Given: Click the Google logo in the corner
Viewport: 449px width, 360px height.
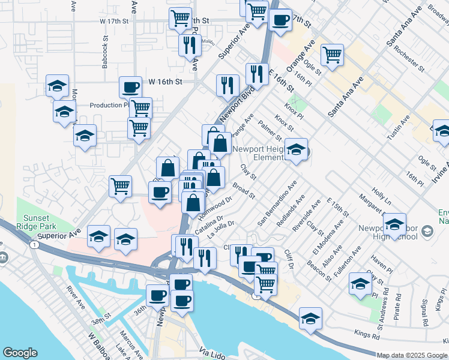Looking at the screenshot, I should (20, 353).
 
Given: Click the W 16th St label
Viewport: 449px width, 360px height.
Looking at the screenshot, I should (164, 81).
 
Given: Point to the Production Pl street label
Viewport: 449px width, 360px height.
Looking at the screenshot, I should (109, 105).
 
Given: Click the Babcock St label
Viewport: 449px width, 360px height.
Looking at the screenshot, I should (105, 53).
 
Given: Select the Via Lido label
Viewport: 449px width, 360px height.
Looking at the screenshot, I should (211, 353).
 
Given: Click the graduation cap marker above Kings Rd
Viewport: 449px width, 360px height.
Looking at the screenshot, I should (310, 318).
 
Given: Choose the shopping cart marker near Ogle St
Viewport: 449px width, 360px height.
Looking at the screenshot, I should (331, 55).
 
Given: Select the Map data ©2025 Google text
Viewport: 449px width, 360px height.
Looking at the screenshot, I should (412, 355).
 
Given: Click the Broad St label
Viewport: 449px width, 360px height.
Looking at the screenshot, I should (244, 191).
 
